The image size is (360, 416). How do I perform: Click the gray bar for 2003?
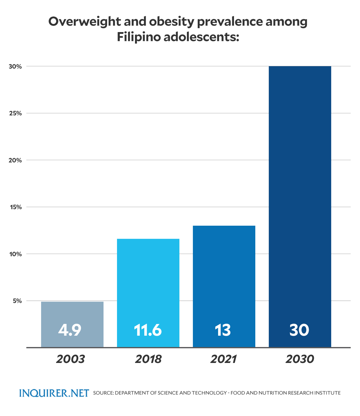[72, 312]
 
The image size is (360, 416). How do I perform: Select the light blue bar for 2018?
[148, 285]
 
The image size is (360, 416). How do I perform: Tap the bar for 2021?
[224, 279]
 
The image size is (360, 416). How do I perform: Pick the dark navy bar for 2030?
[300, 195]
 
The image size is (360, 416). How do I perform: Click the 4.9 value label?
[70, 330]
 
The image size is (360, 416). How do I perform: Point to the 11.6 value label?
[148, 330]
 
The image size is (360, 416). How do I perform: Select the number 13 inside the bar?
[223, 330]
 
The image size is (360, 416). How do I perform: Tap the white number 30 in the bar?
[299, 330]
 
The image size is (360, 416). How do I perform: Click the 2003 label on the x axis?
[70, 359]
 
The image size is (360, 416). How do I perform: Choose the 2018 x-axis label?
[148, 359]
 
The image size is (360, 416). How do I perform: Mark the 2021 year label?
[224, 359]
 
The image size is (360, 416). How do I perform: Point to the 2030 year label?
[300, 359]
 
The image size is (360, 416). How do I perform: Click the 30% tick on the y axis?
[15, 67]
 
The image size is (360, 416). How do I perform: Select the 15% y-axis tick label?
[16, 207]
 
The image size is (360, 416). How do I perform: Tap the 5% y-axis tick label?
[17, 301]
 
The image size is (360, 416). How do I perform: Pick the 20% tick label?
[15, 160]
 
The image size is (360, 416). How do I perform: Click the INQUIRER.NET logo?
[54, 393]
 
